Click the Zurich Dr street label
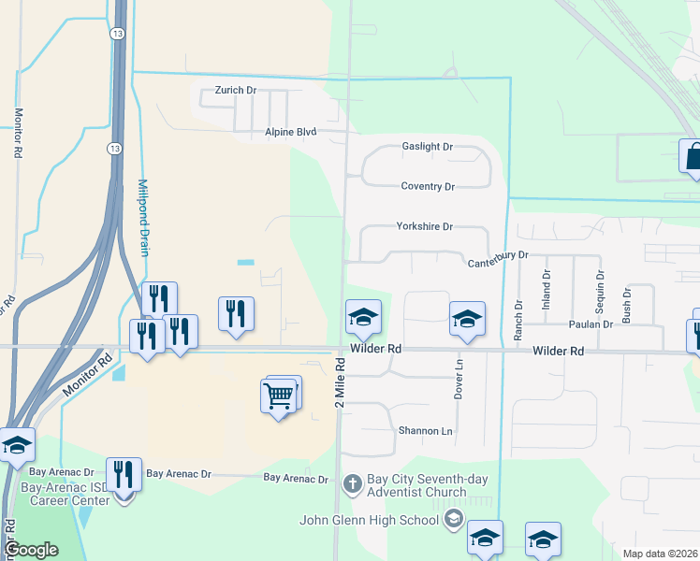click(235, 90)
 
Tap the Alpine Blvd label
click(290, 133)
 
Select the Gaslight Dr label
click(427, 147)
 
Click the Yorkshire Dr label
click(424, 226)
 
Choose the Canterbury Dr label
click(499, 255)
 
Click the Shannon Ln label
click(425, 431)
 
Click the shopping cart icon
click(280, 396)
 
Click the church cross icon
click(353, 484)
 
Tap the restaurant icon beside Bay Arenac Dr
click(124, 475)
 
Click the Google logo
click(31, 550)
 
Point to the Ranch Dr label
click(518, 319)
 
